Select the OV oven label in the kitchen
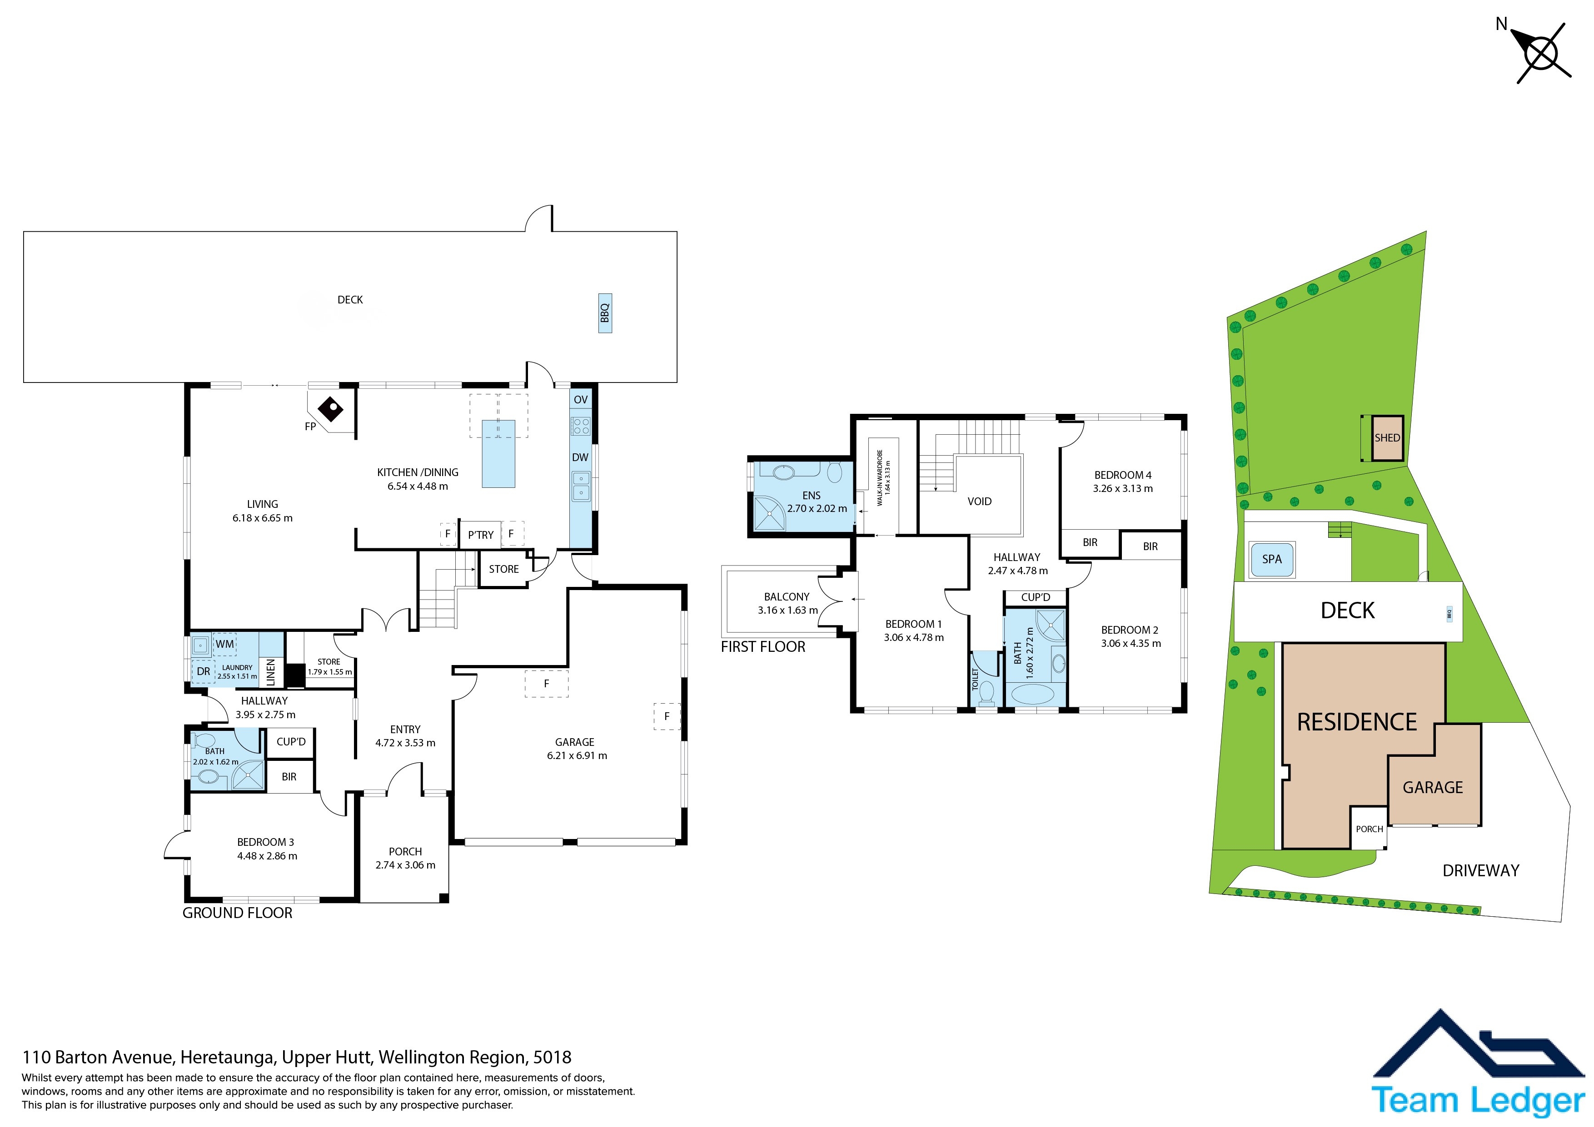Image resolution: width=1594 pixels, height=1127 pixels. [x=580, y=400]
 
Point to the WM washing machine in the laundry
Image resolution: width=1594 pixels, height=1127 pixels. [x=224, y=644]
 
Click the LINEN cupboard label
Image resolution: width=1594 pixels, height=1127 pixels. [x=271, y=672]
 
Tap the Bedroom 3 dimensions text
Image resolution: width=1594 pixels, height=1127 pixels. [x=267, y=856]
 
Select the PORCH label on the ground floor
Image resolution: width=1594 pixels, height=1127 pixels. [x=405, y=851]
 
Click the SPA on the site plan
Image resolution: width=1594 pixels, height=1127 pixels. [x=1272, y=559]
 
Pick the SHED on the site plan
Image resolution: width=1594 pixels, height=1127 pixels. [x=1388, y=438]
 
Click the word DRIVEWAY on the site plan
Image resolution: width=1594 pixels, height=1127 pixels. [x=1481, y=871]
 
